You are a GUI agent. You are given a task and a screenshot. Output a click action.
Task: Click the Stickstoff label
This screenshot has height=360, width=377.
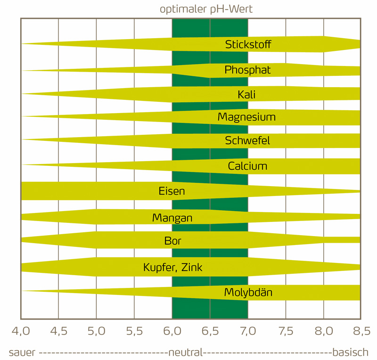tap(248, 45)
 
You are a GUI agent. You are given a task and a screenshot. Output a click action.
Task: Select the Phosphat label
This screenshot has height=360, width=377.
tap(247, 70)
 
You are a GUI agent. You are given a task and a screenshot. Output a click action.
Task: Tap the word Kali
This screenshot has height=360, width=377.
tap(247, 95)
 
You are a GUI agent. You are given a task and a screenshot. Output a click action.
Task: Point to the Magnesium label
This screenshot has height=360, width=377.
tap(246, 117)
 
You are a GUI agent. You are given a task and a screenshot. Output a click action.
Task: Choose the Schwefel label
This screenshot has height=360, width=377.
tap(247, 140)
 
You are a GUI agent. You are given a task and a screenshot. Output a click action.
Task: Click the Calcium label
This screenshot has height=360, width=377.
tap(247, 166)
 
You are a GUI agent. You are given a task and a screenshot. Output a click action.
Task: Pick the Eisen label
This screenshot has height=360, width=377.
tap(172, 191)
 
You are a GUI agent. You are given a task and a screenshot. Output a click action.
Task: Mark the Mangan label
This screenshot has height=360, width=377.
tap(172, 218)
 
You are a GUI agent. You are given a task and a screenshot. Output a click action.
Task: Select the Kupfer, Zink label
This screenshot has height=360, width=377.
tap(172, 268)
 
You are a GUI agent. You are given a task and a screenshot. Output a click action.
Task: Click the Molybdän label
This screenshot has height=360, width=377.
tap(248, 293)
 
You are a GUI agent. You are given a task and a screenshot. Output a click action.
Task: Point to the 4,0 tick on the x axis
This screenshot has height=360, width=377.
tap(20, 331)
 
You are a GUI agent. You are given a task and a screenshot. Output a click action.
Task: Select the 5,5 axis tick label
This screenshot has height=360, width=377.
tap(134, 331)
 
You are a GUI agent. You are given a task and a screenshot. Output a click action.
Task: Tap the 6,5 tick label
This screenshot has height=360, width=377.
tap(210, 331)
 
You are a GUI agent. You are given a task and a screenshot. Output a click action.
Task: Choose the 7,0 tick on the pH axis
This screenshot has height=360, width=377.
tap(248, 331)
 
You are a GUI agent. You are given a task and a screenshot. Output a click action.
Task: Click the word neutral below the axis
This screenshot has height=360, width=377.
tap(186, 352)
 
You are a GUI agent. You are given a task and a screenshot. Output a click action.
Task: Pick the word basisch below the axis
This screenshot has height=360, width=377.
tap(350, 352)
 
